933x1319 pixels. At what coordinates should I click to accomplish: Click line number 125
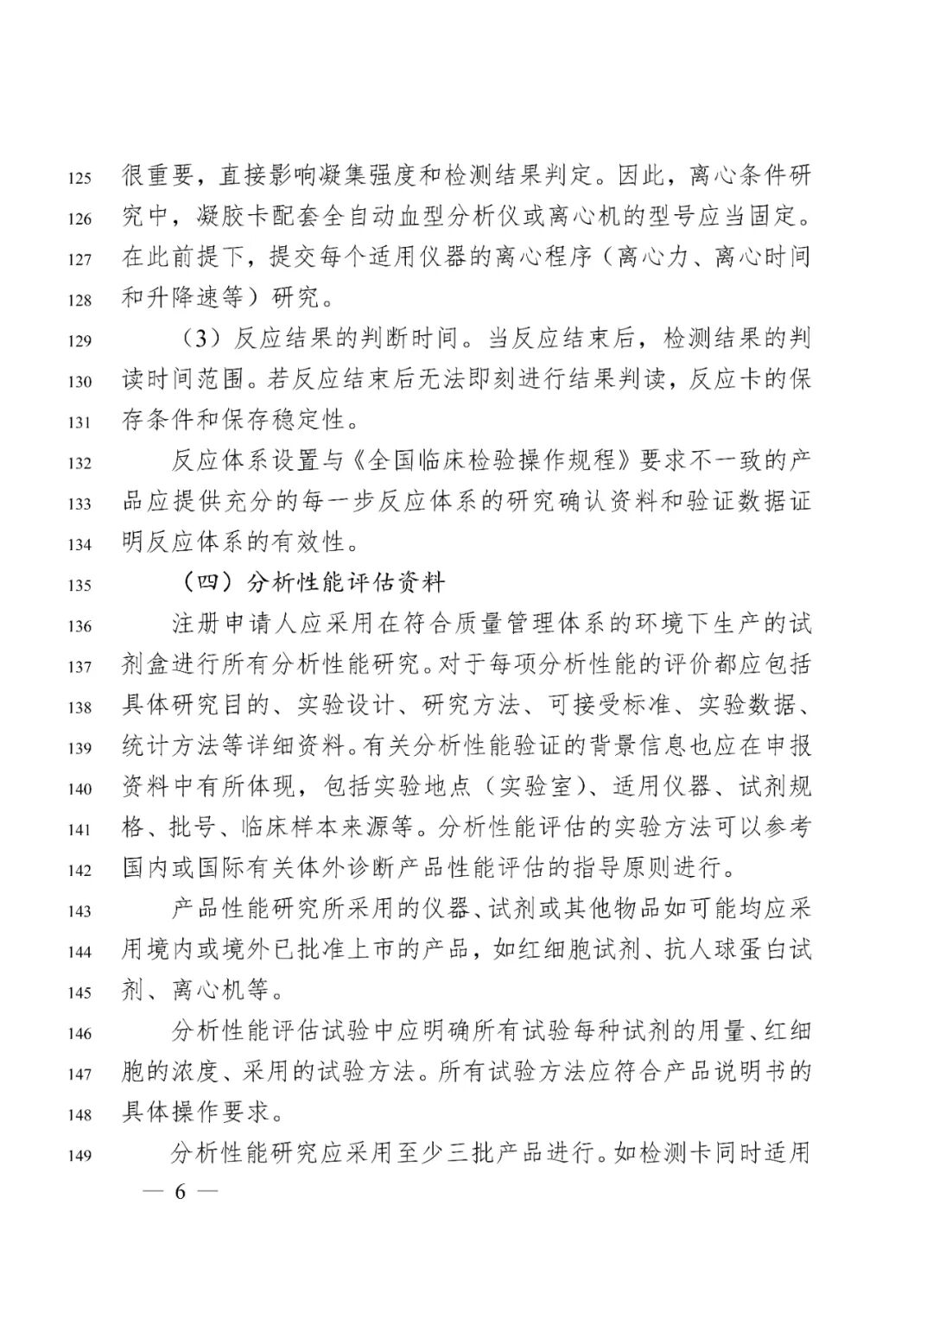coord(79,179)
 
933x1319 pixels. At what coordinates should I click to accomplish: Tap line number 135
coord(79,585)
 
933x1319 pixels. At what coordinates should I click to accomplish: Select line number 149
coord(79,1155)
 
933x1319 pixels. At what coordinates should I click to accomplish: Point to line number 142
coord(79,869)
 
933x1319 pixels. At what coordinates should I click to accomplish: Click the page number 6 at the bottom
coord(181,1192)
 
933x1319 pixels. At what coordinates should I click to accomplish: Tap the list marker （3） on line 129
coord(198,339)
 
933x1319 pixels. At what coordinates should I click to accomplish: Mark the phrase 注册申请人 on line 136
coord(221,624)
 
